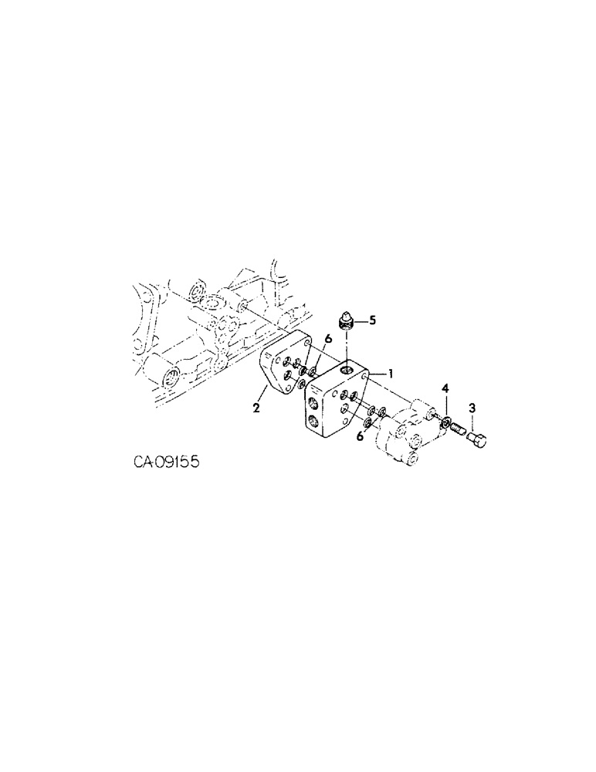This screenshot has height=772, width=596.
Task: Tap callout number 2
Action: point(256,408)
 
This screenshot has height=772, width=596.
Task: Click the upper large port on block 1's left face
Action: point(314,399)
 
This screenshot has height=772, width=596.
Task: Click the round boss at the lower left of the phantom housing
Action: point(171,377)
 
